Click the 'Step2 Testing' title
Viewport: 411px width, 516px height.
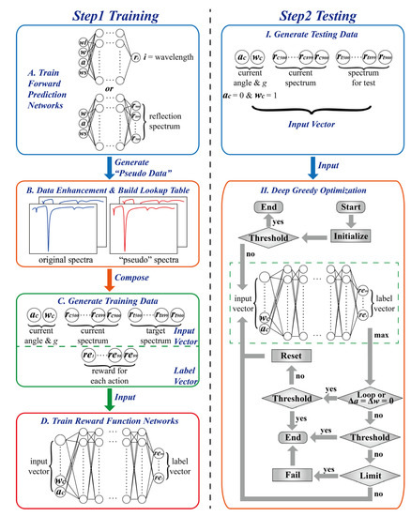311,15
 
